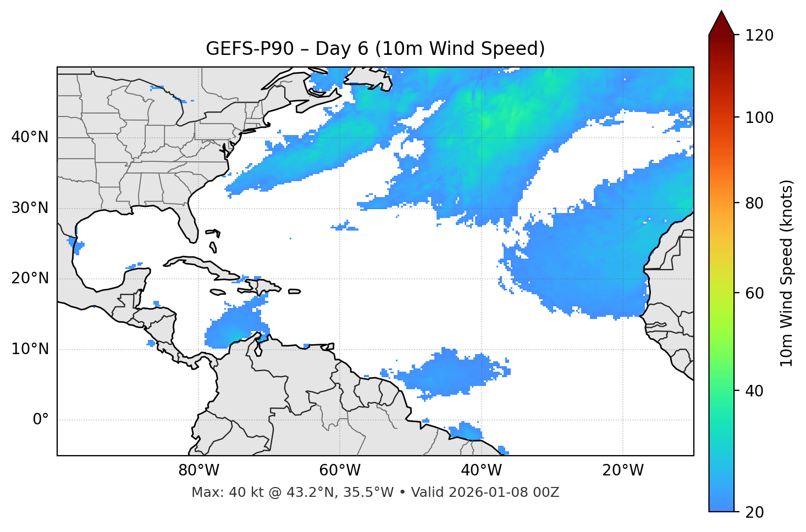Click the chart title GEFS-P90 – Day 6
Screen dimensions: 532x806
click(x=375, y=49)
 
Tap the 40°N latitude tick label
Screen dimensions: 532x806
click(x=30, y=137)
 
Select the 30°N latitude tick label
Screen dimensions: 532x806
click(x=30, y=208)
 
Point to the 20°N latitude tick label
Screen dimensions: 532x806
click(x=30, y=278)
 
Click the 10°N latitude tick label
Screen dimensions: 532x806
click(x=30, y=349)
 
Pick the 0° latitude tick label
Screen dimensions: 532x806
click(x=40, y=420)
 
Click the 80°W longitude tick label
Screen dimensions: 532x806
click(x=198, y=471)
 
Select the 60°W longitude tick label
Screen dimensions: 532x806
click(x=340, y=471)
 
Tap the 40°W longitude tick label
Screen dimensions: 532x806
click(x=481, y=471)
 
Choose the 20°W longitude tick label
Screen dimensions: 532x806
click(x=622, y=471)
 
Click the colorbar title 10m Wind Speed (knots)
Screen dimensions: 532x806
click(x=787, y=273)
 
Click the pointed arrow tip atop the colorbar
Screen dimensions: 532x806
click(x=721, y=12)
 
